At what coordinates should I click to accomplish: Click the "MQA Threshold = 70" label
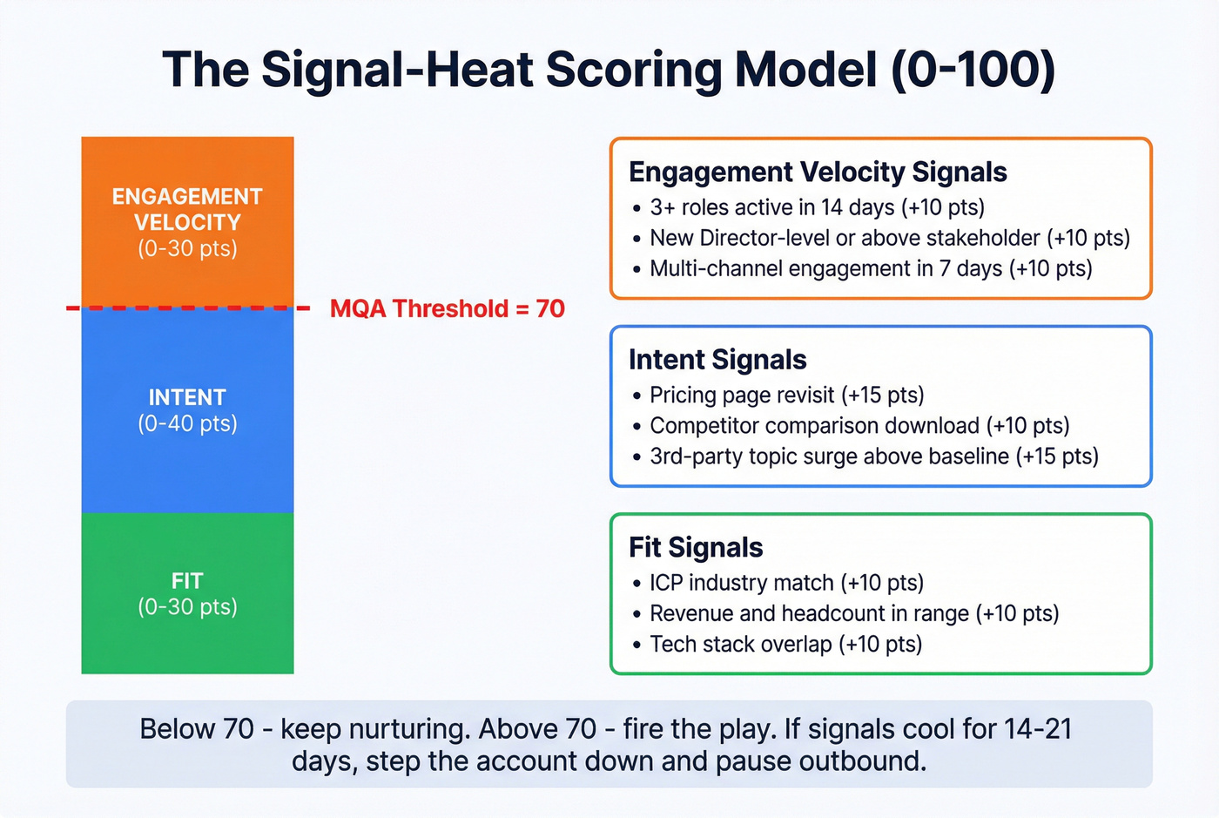(447, 308)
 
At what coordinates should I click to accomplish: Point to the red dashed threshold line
(187, 308)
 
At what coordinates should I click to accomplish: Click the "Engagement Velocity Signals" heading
(817, 172)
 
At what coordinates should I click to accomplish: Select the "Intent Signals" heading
(717, 359)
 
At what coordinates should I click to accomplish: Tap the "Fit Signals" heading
(695, 547)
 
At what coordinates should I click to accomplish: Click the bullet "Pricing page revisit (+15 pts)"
(786, 395)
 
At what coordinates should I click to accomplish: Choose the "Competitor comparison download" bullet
(859, 425)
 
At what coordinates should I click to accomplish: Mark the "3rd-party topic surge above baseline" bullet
(873, 456)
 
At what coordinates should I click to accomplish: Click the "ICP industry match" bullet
(786, 583)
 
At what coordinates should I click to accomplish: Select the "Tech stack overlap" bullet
(785, 644)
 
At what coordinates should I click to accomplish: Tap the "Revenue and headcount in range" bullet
(853, 613)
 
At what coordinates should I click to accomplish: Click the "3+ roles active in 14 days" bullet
(817, 207)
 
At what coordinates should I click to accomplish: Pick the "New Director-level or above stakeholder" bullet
(889, 238)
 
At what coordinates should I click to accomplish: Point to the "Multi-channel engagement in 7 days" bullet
(870, 268)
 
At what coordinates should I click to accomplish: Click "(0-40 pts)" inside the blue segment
(187, 423)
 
